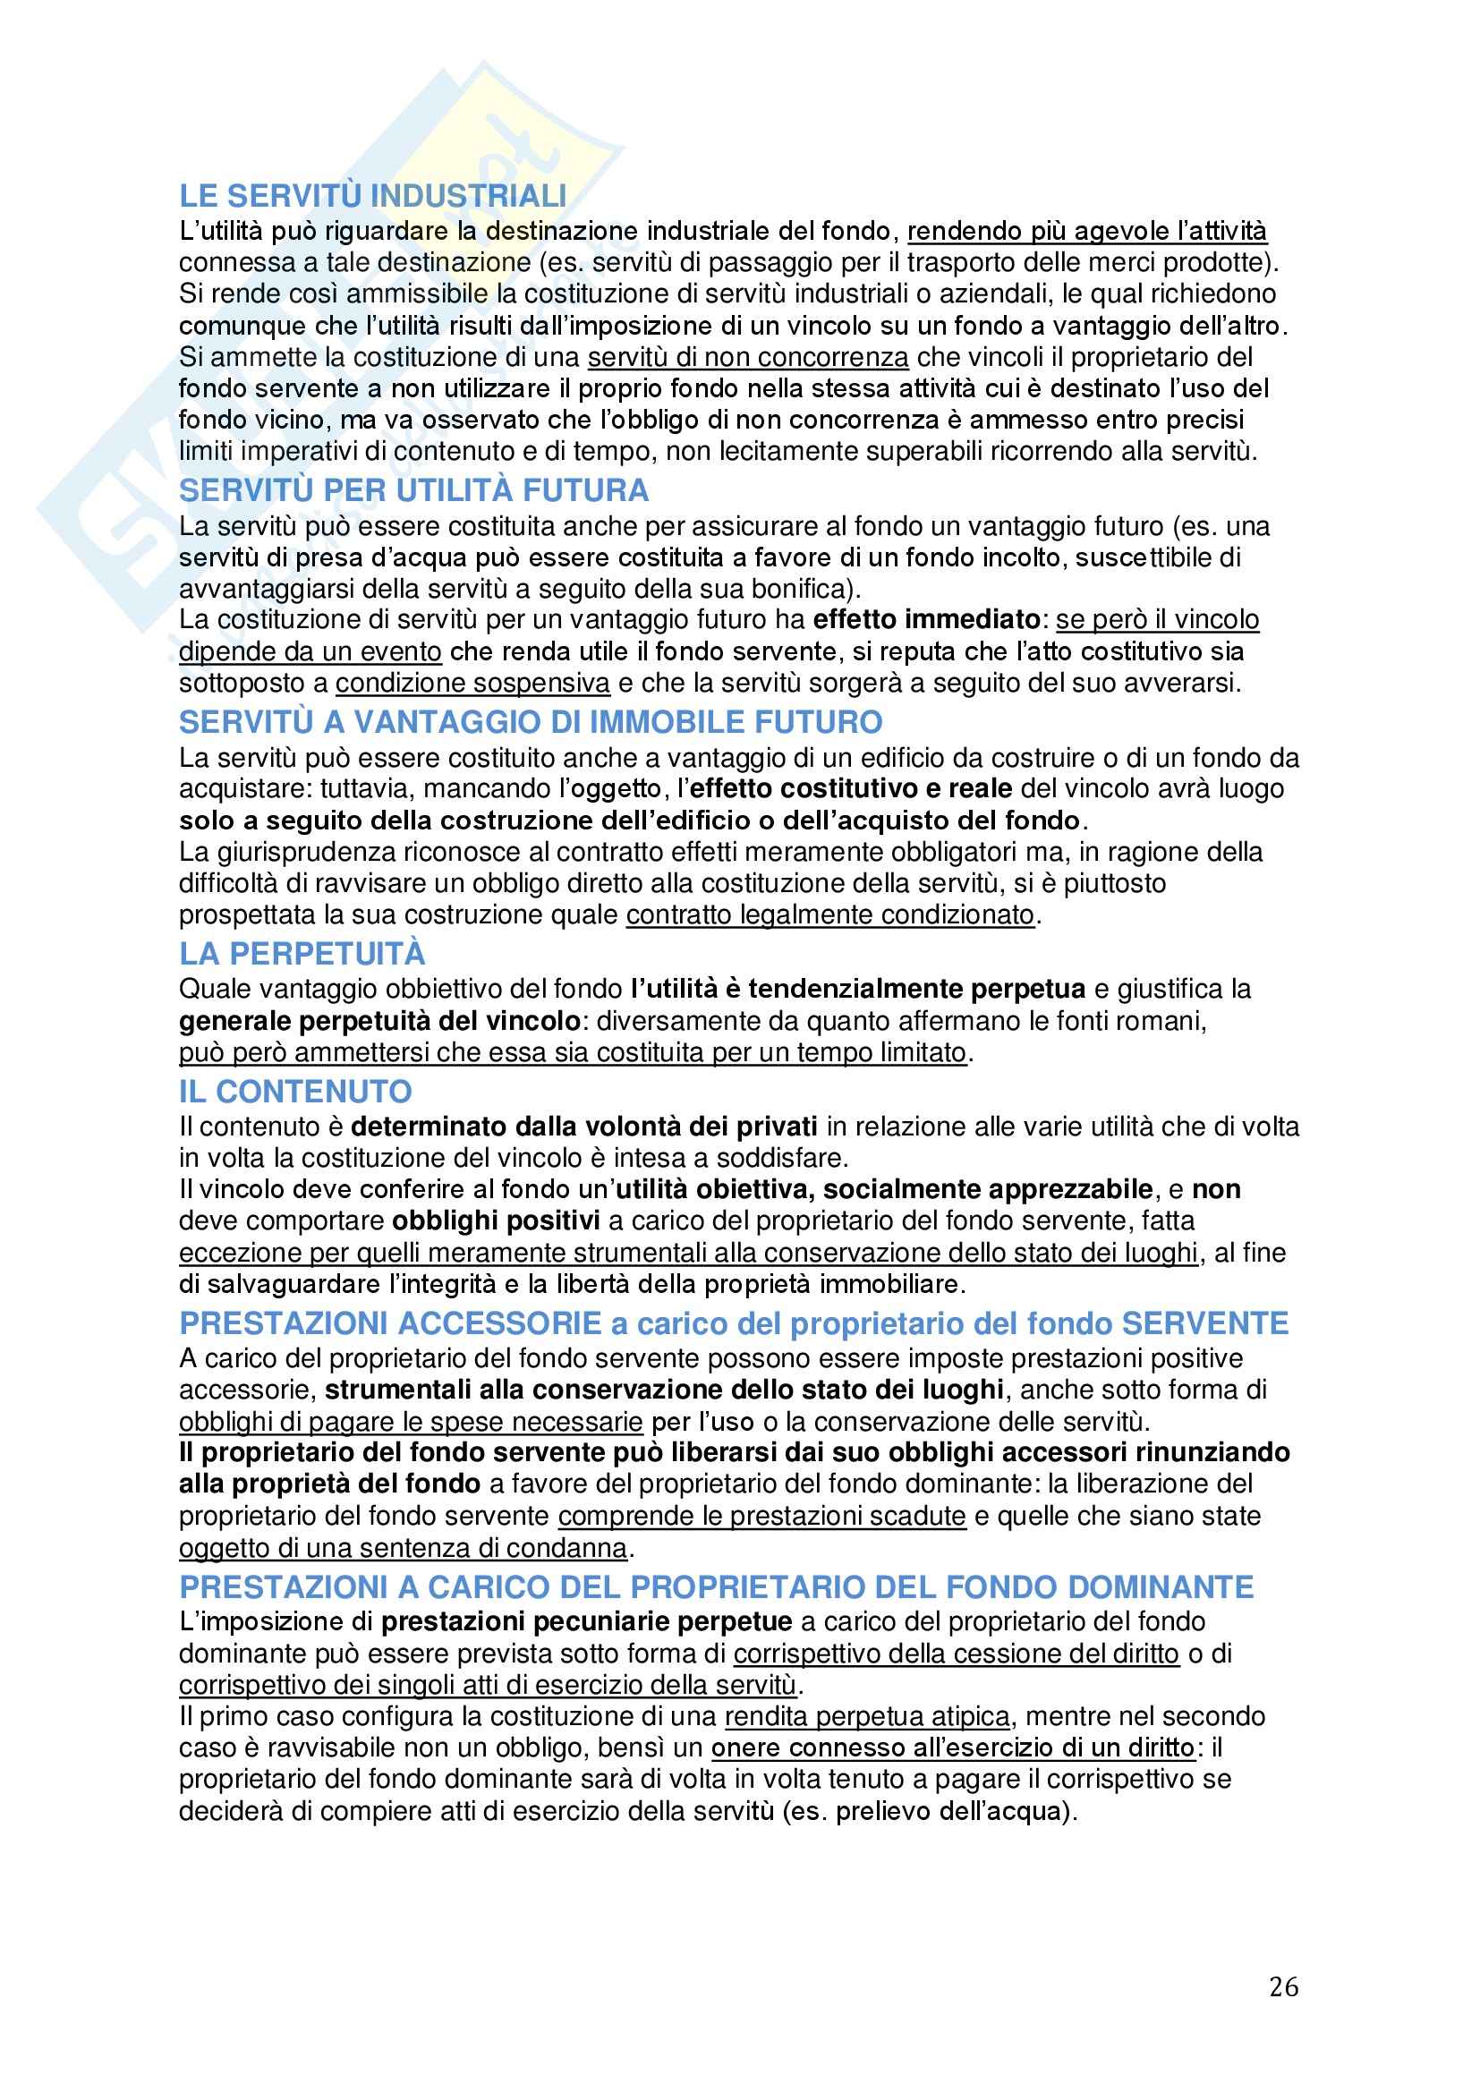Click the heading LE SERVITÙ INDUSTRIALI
point(372,196)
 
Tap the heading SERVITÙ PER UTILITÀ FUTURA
point(413,491)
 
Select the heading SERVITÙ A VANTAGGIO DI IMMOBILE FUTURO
point(531,723)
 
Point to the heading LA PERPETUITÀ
point(302,954)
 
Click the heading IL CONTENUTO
point(295,1092)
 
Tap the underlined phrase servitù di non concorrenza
point(747,357)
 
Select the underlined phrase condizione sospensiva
point(472,683)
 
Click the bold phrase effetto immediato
point(926,619)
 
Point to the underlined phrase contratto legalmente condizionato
point(830,914)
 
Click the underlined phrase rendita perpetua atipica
point(867,1716)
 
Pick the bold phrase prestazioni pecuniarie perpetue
point(586,1622)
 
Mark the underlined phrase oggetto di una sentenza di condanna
point(403,1548)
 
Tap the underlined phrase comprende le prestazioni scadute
point(761,1516)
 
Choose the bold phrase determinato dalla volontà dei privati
point(583,1127)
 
